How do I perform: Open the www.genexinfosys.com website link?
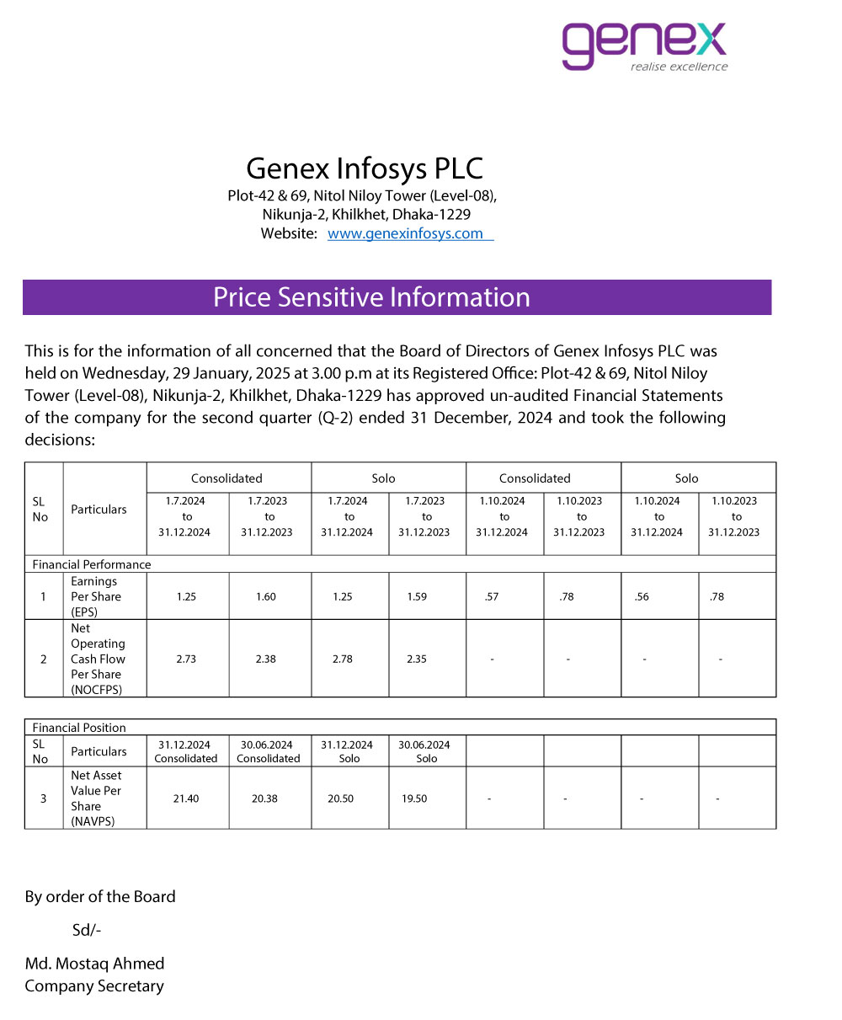click(405, 233)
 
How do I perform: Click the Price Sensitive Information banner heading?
click(371, 297)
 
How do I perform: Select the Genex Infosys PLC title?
click(365, 168)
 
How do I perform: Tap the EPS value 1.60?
click(265, 596)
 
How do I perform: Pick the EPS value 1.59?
click(416, 596)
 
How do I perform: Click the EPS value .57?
click(493, 596)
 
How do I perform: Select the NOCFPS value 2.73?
click(186, 659)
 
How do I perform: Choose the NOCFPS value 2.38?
click(265, 659)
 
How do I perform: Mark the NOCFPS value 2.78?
click(342, 659)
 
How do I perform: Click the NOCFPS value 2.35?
click(416, 659)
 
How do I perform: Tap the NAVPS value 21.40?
click(186, 798)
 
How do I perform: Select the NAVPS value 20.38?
click(264, 798)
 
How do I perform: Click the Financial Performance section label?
click(92, 564)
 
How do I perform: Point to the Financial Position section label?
click(79, 728)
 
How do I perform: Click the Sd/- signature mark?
click(87, 930)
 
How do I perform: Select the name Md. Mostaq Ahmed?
click(94, 964)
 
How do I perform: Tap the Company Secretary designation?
click(94, 986)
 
